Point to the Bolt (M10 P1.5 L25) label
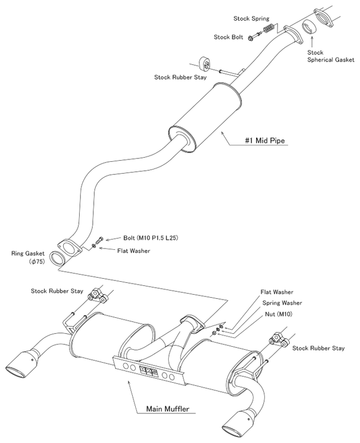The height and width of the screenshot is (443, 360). (x=151, y=237)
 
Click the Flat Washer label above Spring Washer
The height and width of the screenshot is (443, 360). (x=277, y=292)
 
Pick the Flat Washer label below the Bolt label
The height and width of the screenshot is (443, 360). (x=133, y=250)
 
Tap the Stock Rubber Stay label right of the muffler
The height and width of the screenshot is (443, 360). (x=318, y=348)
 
